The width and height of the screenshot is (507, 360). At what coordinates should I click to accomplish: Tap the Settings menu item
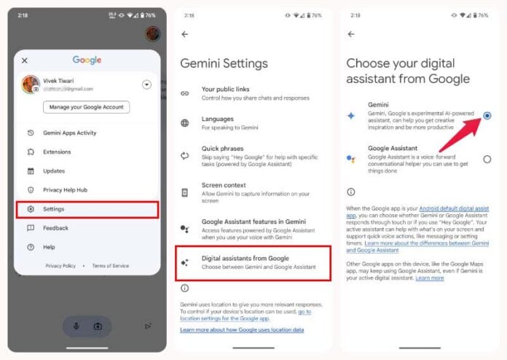tap(86, 209)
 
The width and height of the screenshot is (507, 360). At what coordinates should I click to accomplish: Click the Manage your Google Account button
tap(86, 107)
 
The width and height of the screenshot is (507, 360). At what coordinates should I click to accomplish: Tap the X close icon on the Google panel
tap(25, 61)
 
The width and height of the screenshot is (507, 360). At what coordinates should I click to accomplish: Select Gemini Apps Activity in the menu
tap(70, 133)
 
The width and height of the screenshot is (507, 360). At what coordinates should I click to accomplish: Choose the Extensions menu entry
tap(58, 152)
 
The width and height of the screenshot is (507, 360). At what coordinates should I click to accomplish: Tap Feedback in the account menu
tap(55, 228)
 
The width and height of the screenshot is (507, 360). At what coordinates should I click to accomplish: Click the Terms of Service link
tap(110, 266)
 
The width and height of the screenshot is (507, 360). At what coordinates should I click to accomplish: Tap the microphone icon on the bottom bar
tap(76, 325)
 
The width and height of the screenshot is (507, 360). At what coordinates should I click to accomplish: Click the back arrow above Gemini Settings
tap(185, 34)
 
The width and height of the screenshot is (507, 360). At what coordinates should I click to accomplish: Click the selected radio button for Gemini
tap(487, 115)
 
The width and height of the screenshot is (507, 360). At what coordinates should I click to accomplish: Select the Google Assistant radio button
tap(487, 159)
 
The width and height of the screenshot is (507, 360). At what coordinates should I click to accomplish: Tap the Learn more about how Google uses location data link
tap(241, 329)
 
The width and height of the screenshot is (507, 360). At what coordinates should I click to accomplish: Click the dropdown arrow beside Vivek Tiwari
tap(146, 85)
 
